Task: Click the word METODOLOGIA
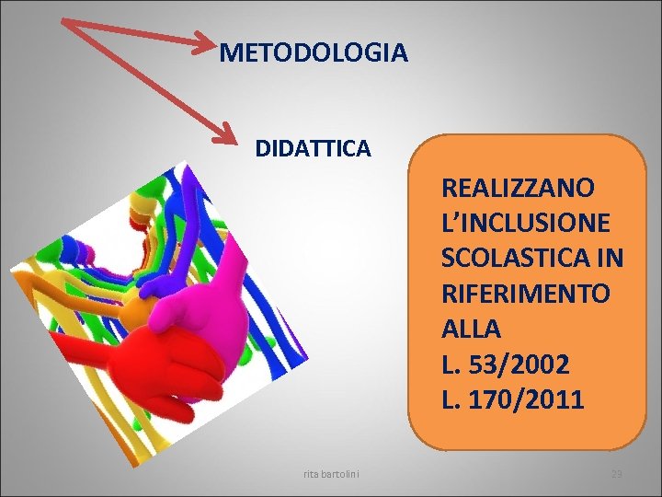(314, 53)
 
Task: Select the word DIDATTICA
(313, 147)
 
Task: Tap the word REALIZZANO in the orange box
(518, 188)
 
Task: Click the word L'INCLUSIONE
(525, 223)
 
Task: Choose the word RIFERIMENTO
(525, 295)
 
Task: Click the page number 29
(617, 474)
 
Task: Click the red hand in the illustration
(165, 359)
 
